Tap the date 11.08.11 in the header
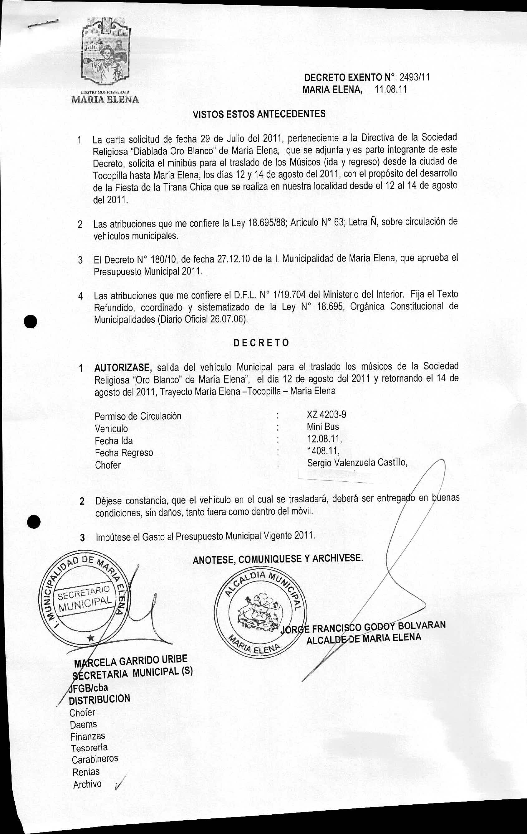point(391,90)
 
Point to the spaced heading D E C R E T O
point(261,343)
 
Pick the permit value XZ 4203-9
point(326,415)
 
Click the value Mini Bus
point(322,427)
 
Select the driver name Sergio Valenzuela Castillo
point(357,462)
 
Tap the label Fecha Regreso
point(124,453)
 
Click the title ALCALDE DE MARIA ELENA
point(364,638)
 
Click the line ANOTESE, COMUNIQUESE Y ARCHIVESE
point(278,559)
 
